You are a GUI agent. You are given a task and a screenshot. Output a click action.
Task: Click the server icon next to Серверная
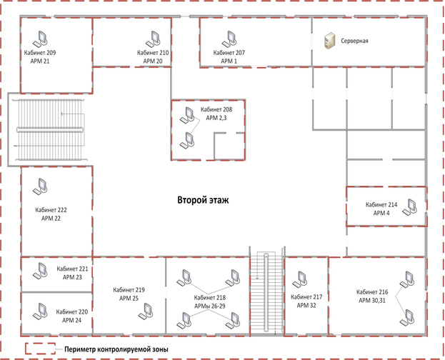click(329, 41)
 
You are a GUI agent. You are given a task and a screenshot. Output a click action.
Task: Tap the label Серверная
click(354, 41)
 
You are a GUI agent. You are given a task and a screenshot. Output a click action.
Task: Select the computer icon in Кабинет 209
click(40, 39)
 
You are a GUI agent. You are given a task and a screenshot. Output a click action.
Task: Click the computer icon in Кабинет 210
click(153, 39)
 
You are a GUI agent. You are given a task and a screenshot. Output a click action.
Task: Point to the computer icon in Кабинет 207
click(229, 39)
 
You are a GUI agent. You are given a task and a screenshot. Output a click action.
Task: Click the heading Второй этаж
click(203, 200)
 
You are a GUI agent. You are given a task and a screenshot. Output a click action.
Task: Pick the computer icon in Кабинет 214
click(409, 207)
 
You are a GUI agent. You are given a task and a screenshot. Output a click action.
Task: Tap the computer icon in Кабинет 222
click(40, 186)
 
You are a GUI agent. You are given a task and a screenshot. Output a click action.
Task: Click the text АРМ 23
click(72, 277)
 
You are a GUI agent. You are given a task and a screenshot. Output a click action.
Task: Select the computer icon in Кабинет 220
click(40, 311)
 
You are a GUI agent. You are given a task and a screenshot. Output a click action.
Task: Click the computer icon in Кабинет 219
click(146, 311)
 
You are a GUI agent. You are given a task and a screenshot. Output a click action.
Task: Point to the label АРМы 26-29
click(210, 306)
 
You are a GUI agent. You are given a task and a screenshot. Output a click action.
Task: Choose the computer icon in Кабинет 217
click(300, 280)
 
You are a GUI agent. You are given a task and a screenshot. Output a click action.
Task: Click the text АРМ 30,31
click(372, 301)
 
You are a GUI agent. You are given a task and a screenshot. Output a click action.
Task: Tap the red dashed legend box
click(40, 349)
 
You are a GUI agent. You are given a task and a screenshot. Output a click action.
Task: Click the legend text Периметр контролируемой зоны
click(116, 349)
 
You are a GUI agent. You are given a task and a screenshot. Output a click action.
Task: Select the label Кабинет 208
click(216, 109)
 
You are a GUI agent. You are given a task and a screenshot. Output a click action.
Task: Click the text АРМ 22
click(51, 219)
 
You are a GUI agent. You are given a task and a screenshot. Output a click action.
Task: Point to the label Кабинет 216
click(372, 292)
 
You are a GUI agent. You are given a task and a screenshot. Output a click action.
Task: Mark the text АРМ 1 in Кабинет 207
click(229, 61)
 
